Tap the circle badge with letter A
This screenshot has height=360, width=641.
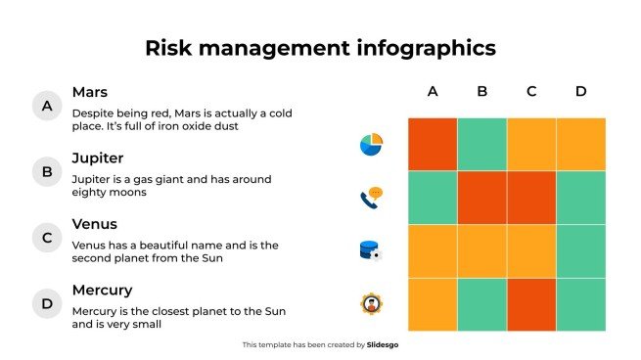(46, 106)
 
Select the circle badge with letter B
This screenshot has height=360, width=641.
(46, 173)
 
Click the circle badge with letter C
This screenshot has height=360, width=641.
(46, 238)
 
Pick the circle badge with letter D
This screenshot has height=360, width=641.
(46, 304)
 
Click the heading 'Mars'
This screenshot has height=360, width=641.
(89, 92)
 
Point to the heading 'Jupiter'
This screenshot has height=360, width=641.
(98, 158)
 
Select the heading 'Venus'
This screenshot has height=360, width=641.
(95, 224)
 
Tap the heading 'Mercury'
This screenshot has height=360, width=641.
(102, 291)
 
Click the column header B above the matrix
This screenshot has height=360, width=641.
(482, 92)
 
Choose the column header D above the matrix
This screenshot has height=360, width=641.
(580, 92)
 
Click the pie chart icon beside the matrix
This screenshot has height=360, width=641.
(371, 145)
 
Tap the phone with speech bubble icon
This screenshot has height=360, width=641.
(371, 199)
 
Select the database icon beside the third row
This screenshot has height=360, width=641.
(370, 250)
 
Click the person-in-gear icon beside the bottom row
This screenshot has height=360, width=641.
(371, 303)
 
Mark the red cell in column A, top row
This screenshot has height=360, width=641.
(433, 144)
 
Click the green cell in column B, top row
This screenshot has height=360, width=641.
(482, 144)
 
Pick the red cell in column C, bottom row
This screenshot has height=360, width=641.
(531, 304)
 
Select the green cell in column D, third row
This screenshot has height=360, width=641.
(581, 251)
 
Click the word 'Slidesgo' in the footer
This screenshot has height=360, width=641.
(383, 344)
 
